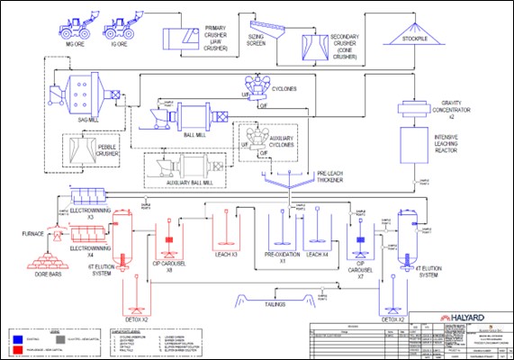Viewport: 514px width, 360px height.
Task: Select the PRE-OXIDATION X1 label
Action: pos(282,257)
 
